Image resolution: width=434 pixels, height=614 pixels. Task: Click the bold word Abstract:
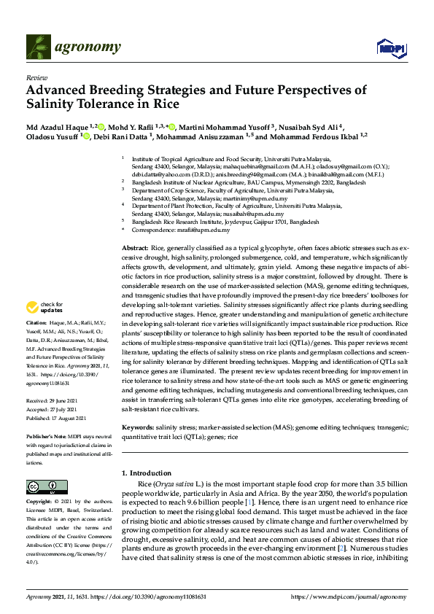[x=135, y=249]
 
